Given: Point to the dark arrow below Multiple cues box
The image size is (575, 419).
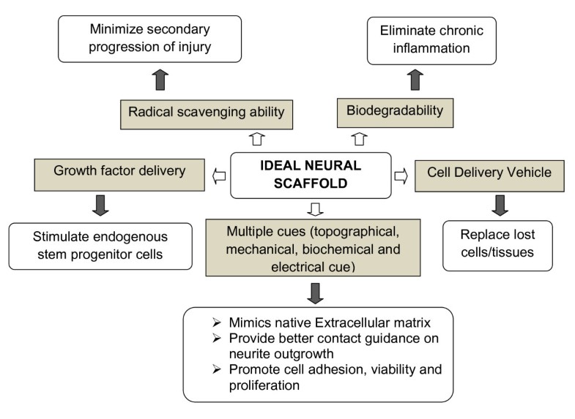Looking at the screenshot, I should click(x=316, y=291).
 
